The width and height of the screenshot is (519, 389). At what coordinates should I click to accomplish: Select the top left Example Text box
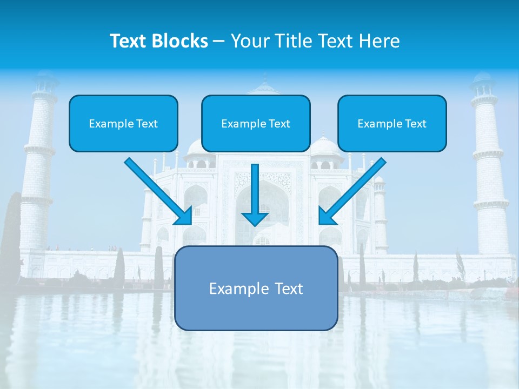(x=123, y=124)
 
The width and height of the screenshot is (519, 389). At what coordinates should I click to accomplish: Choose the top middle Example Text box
(x=256, y=124)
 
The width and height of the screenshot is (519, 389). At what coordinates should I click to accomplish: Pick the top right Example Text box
(x=392, y=124)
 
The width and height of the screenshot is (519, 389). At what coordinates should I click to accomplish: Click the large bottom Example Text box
(x=256, y=289)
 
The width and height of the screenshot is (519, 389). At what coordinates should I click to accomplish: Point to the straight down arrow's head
(x=255, y=217)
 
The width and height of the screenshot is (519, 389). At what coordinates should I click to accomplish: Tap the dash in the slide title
(x=219, y=42)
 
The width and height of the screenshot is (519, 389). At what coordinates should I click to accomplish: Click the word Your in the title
(x=249, y=41)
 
